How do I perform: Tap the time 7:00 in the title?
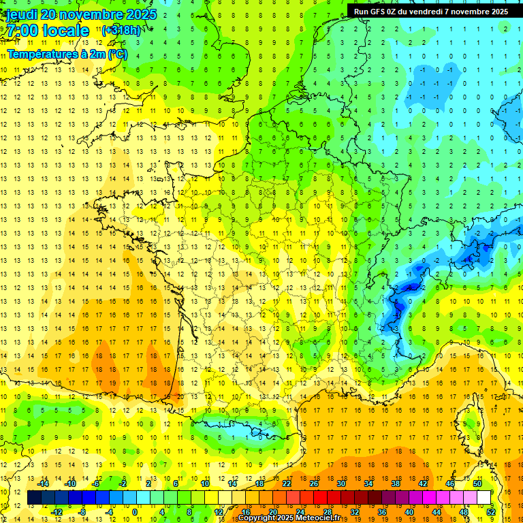tap(22, 31)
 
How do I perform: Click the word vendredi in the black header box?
tap(430, 12)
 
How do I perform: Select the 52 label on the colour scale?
tap(491, 511)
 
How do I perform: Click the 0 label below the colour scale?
tap(134, 511)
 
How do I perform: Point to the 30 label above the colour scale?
tap(340, 484)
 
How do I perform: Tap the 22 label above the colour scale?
tap(287, 484)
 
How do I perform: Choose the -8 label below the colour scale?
tap(82, 511)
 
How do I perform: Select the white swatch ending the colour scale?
tap(484, 498)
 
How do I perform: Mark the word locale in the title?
tap(64, 31)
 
